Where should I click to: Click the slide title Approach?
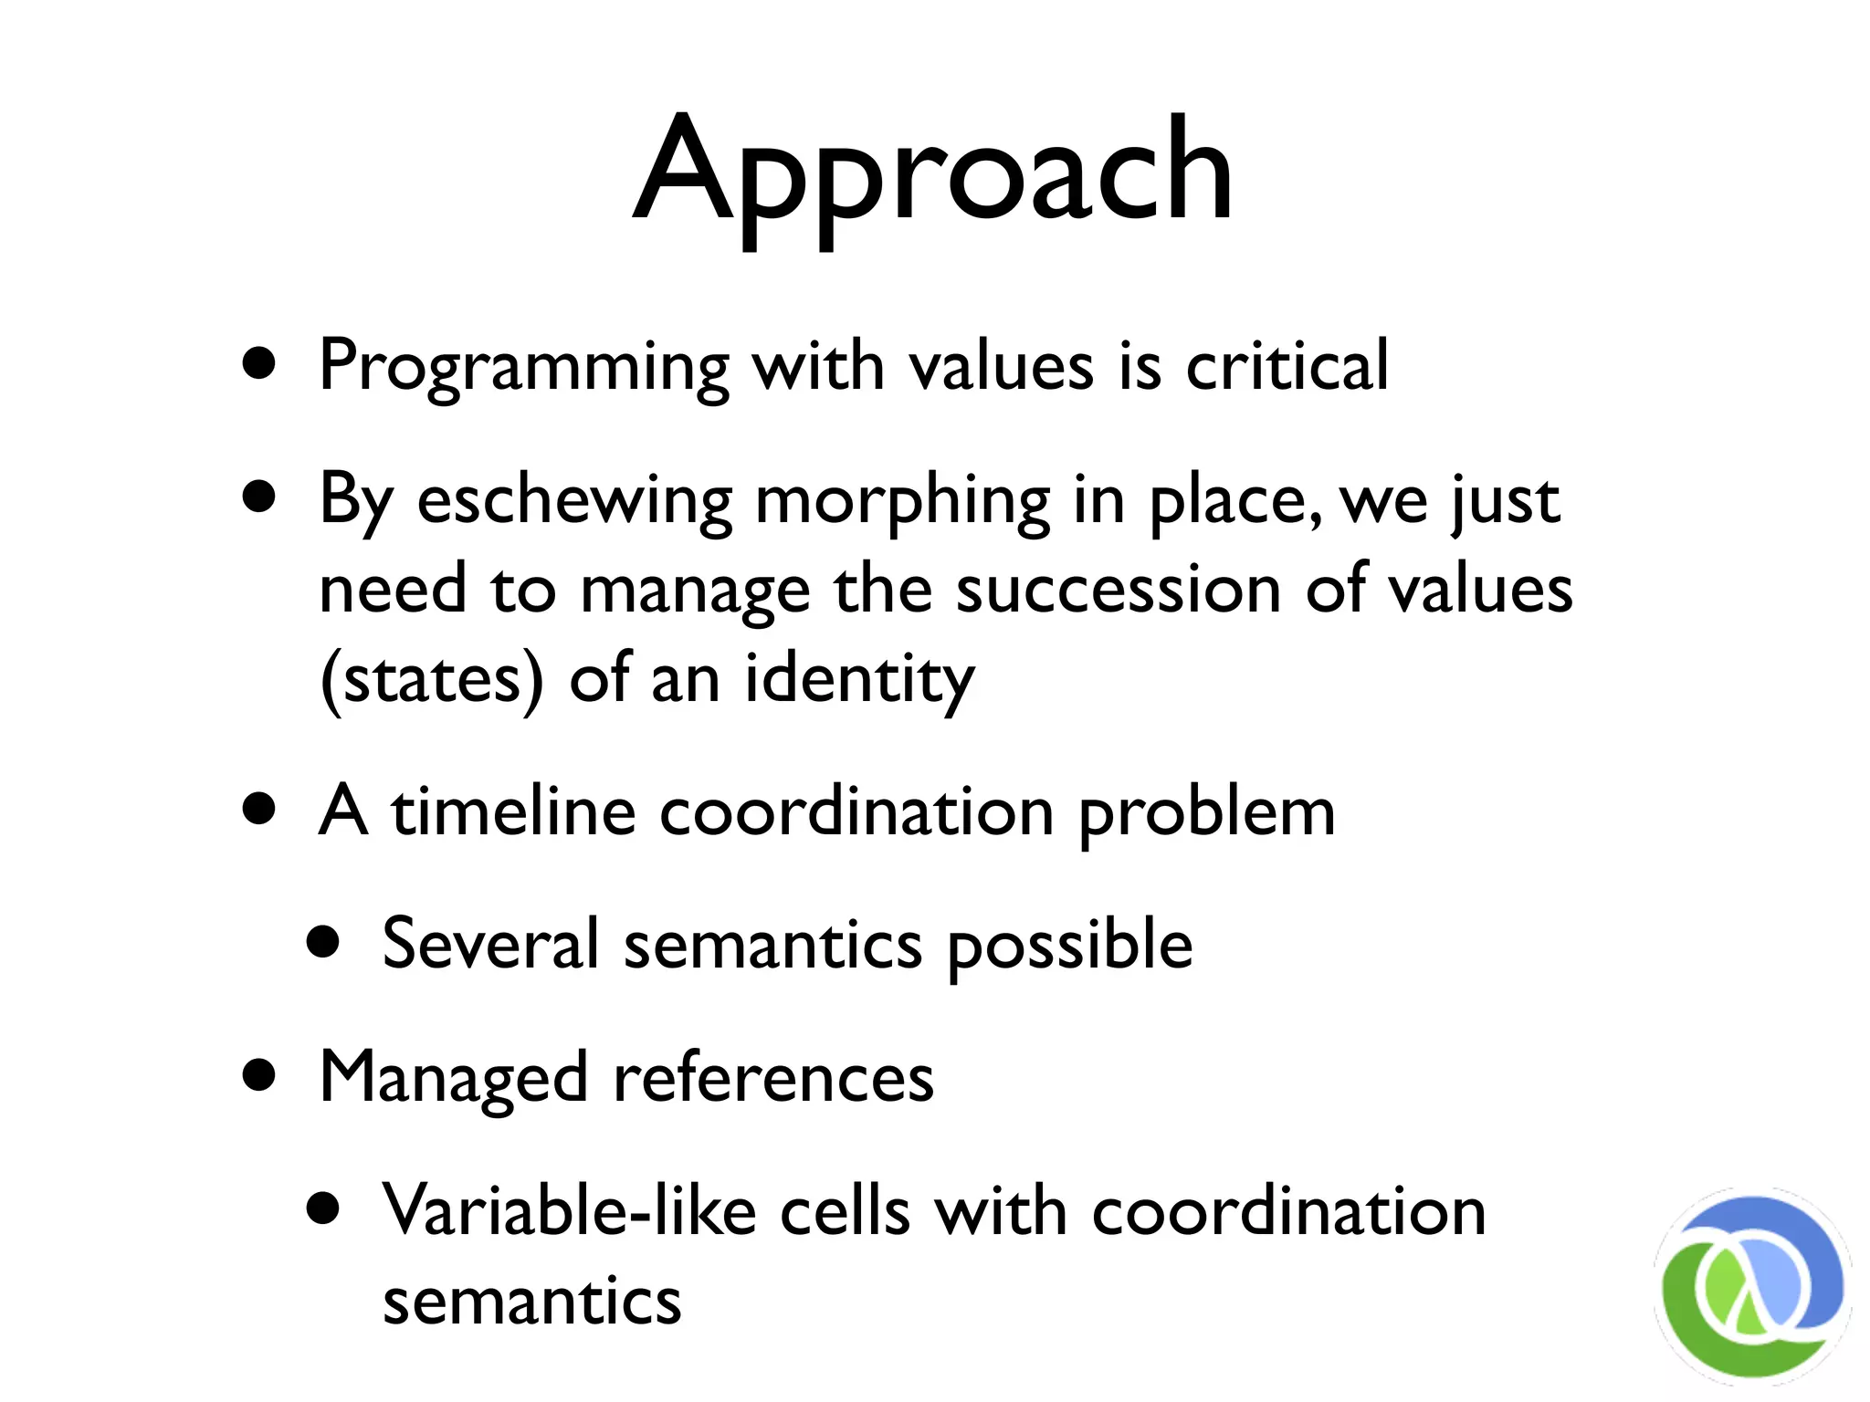coord(933,173)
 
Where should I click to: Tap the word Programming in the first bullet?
coord(524,367)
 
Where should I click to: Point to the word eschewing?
coord(574,501)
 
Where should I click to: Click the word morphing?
coord(903,503)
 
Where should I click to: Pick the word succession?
coord(1118,590)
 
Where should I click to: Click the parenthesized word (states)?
coord(432,679)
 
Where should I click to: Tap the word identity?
coord(859,679)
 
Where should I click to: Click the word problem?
coord(1206,812)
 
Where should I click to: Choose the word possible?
coord(1069,945)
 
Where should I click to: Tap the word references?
coord(773,1077)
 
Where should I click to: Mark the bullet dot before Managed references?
coord(260,1075)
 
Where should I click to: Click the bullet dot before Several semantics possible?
coord(323,942)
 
